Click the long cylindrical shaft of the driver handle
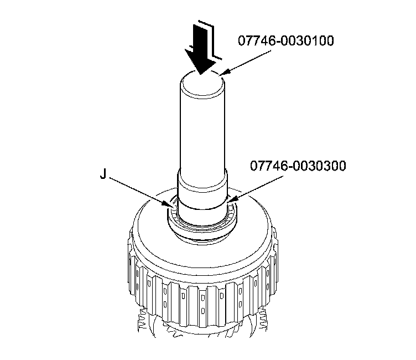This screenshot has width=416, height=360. pos(202,127)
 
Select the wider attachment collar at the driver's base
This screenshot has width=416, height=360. pos(202,191)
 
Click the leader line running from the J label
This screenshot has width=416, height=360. pos(141,192)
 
